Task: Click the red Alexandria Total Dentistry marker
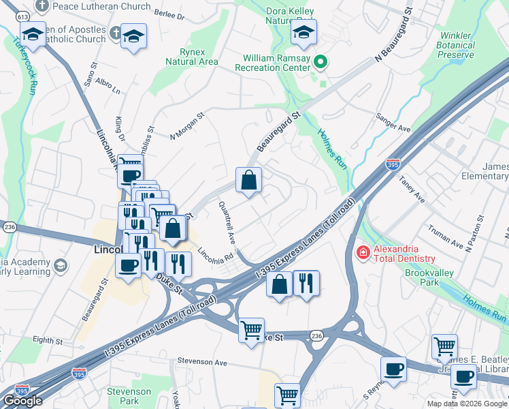tap(363, 253)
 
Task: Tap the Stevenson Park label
tap(129, 396)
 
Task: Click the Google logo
tap(22, 401)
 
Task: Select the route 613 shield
tap(22, 16)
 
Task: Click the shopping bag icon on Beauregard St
tap(249, 181)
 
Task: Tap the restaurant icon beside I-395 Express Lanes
tap(306, 282)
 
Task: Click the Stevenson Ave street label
tap(201, 362)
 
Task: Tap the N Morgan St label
tap(187, 125)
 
